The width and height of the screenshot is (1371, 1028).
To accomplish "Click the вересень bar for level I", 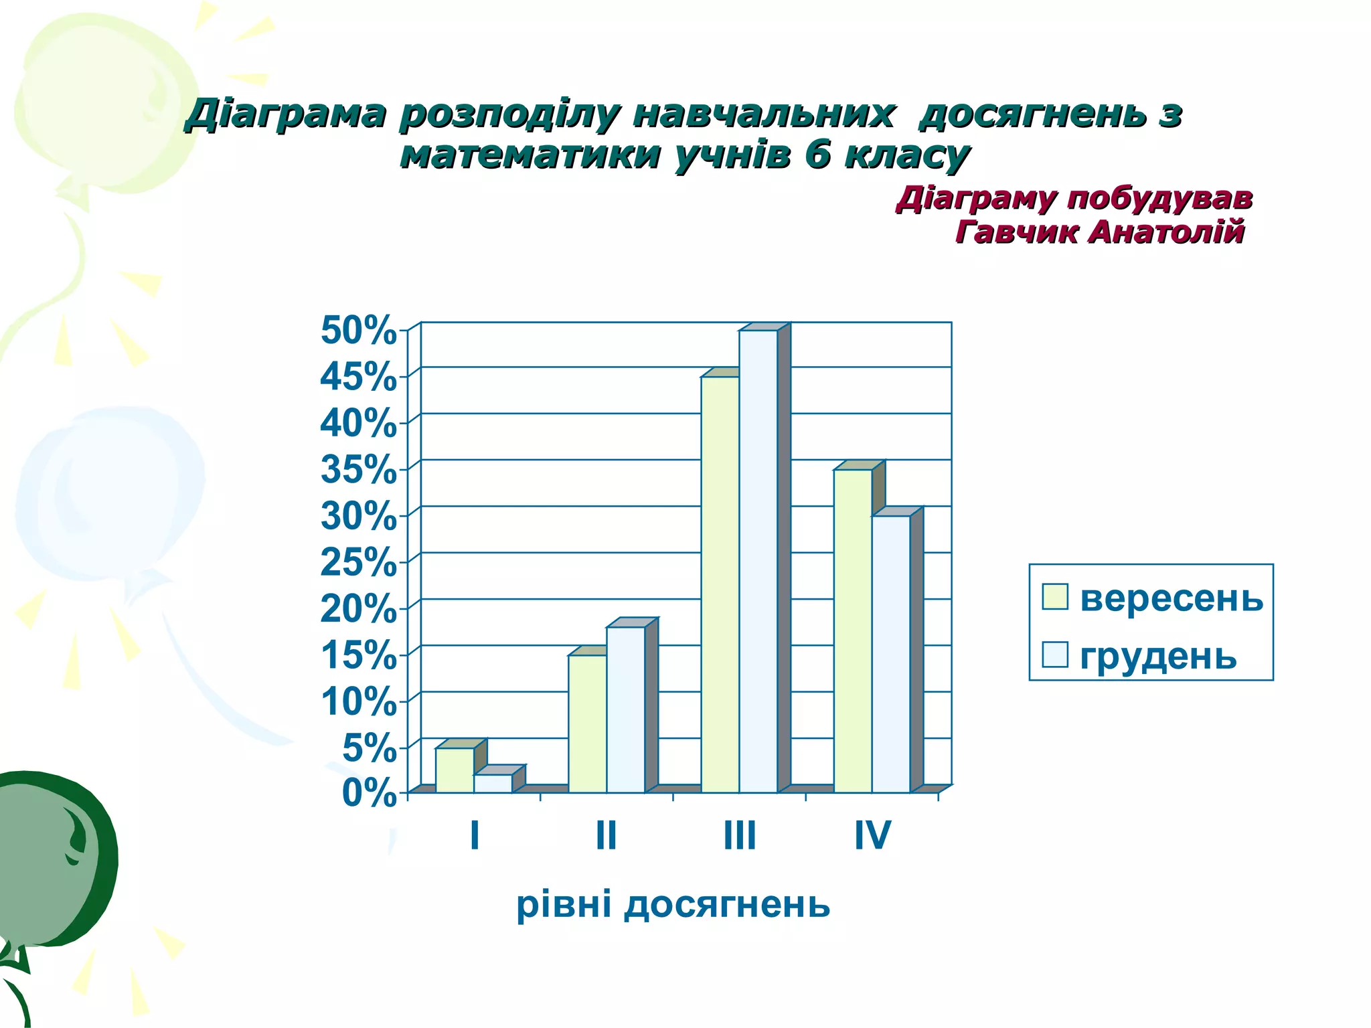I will [x=455, y=770].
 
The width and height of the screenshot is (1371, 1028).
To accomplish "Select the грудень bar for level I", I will [x=493, y=784].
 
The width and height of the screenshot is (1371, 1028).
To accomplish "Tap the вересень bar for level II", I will [x=587, y=724].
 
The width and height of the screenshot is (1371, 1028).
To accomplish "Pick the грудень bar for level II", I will [x=625, y=710].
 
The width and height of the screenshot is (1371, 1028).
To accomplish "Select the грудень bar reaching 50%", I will [x=758, y=562].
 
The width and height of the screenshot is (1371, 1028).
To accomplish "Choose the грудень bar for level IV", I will [x=890, y=654].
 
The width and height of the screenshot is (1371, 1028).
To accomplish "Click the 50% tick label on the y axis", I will [x=358, y=330].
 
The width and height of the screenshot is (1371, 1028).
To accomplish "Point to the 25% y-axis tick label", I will [x=358, y=562].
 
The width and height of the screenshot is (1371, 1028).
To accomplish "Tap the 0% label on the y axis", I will [x=369, y=794].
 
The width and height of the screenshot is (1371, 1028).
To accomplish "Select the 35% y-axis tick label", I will [x=358, y=469].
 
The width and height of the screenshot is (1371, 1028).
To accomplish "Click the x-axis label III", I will [x=740, y=835].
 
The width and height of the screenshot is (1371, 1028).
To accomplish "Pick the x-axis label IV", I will [x=872, y=835].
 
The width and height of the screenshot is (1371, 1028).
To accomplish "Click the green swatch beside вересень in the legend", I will [x=1054, y=596].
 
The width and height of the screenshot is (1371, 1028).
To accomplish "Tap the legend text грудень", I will [x=1158, y=656].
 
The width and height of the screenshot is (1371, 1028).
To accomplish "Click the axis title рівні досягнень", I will [x=673, y=905].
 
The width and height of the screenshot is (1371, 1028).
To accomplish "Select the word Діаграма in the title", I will [x=287, y=114].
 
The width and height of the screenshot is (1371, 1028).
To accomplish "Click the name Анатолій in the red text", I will [x=1166, y=232].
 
